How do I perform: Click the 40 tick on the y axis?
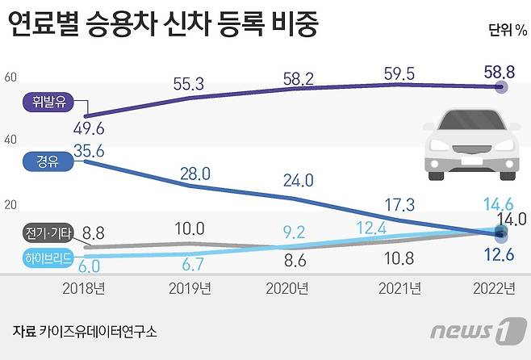coord(10,140)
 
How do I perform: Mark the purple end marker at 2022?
coord(500,87)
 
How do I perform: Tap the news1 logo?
coord(473,331)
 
